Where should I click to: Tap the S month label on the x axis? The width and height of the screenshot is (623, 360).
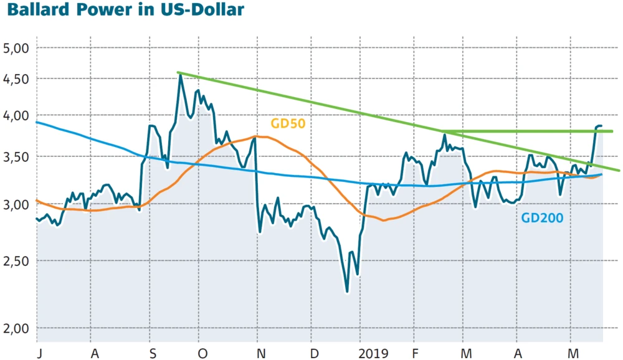click(153, 353)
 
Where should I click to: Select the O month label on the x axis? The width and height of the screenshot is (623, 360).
click(203, 353)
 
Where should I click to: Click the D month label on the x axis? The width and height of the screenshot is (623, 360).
click(315, 353)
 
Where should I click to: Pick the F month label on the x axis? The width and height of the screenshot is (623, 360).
click(416, 353)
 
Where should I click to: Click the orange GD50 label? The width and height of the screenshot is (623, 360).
click(288, 123)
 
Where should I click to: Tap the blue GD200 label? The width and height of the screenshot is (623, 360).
click(542, 217)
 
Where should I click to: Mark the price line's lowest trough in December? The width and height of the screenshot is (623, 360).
click(347, 291)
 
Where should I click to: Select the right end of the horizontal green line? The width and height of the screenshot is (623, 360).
click(612, 131)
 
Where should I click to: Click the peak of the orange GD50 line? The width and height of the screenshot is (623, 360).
click(257, 136)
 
